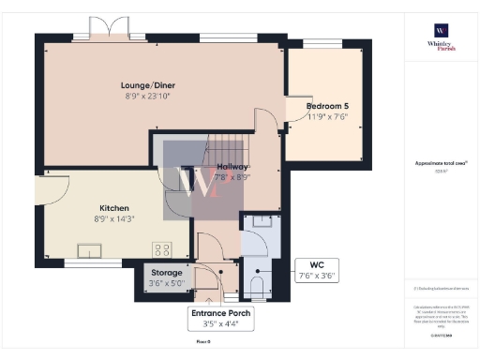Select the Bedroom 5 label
328,106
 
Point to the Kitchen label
114,208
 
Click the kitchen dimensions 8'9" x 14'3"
114,218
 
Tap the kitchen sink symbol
92,249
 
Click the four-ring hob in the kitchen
161,249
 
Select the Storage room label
168,273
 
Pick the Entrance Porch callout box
222,319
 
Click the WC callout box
317,270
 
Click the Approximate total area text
441,163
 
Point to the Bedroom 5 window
323,44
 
